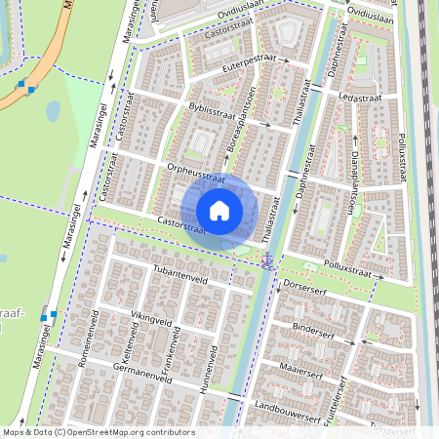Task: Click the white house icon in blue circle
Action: (x=219, y=210)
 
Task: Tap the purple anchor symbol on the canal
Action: (x=266, y=259)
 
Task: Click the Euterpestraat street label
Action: (x=250, y=63)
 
